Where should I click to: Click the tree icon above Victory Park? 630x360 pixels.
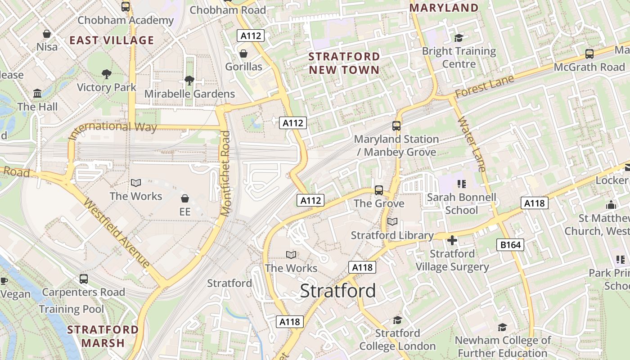(x=107, y=74)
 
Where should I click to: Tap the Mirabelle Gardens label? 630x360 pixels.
(x=189, y=94)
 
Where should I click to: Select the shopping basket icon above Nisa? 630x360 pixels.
(x=46, y=34)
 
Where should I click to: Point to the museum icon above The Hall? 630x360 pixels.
(x=37, y=94)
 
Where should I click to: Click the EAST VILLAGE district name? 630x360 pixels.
(x=112, y=40)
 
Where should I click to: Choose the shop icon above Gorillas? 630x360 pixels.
(x=243, y=54)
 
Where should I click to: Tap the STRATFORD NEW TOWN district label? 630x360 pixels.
(x=344, y=63)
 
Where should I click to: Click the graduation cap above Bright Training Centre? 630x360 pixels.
(x=459, y=38)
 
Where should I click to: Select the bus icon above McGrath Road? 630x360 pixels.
(x=589, y=54)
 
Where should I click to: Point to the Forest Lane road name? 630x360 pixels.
(x=484, y=86)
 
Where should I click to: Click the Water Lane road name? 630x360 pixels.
(x=472, y=144)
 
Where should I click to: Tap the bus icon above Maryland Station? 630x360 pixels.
(x=396, y=126)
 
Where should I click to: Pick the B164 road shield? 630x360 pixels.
(x=510, y=245)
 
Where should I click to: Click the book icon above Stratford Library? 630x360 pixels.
(x=392, y=222)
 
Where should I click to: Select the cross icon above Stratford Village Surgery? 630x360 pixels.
(x=452, y=240)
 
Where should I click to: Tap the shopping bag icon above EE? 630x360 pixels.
(x=184, y=198)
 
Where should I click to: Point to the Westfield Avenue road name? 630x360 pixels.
(x=117, y=233)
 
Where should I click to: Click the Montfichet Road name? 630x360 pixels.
(x=225, y=173)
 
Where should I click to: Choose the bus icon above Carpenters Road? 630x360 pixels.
(x=84, y=279)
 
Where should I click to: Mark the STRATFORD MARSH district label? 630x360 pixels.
(x=103, y=336)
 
